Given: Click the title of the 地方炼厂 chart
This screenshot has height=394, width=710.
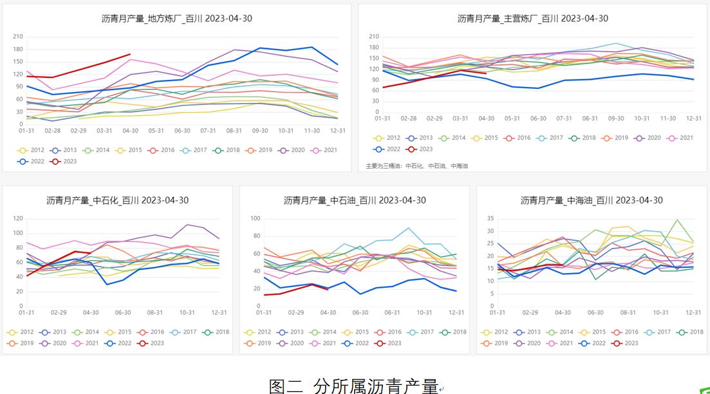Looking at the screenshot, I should (177, 18).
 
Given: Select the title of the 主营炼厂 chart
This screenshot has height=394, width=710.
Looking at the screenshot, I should (532, 18).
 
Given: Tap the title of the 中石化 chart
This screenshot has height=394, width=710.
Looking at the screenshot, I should (118, 200).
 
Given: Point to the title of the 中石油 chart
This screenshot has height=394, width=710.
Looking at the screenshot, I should (355, 200).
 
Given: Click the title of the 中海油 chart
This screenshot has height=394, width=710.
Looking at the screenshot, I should (592, 200).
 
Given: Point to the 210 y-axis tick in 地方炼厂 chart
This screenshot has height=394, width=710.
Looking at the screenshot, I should (17, 37).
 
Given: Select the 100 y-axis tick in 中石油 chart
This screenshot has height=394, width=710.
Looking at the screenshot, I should (255, 218).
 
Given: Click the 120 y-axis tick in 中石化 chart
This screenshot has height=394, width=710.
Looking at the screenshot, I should (17, 218).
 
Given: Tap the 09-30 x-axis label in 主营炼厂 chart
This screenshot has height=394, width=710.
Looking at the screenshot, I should (616, 118).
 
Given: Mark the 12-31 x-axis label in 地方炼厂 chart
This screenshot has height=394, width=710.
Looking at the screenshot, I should (338, 131).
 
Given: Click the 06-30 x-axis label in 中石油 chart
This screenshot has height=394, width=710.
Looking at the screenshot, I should (360, 313).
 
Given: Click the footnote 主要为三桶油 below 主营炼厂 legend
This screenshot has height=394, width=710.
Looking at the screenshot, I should (416, 165).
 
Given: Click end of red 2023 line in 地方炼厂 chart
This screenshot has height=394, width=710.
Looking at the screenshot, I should (130, 54).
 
